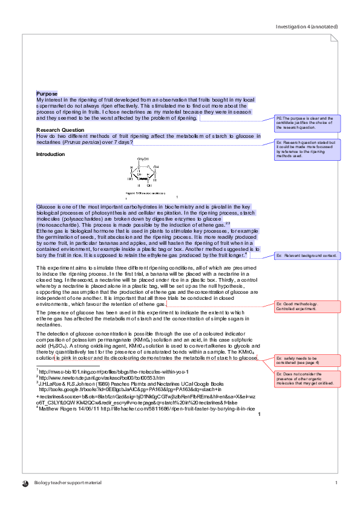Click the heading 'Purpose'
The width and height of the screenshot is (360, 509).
click(x=47, y=94)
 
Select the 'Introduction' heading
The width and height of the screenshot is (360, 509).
click(x=50, y=154)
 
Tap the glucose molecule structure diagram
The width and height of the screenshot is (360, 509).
click(x=142, y=173)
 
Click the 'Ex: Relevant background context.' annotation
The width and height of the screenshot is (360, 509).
click(x=307, y=256)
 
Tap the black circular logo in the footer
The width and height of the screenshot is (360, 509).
click(x=25, y=483)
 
